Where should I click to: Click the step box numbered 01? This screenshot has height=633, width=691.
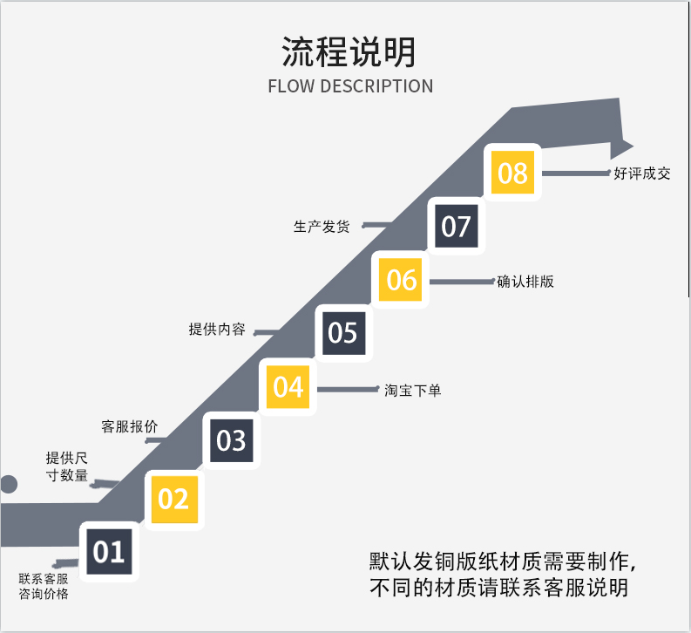click(x=109, y=552)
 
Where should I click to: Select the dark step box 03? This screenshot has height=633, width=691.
click(x=231, y=440)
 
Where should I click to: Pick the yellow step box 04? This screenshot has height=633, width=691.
click(x=288, y=386)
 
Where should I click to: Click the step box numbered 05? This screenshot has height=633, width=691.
click(x=343, y=332)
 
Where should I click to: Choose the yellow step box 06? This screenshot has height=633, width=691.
click(x=402, y=279)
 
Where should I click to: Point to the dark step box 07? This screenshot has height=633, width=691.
click(x=456, y=226)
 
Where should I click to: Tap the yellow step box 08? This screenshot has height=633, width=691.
click(x=512, y=173)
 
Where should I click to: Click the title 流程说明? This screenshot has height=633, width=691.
click(x=349, y=52)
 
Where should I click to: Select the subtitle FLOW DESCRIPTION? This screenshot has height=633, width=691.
click(x=350, y=86)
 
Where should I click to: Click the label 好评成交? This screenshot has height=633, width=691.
click(x=642, y=174)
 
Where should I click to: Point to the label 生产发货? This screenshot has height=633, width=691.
click(x=322, y=227)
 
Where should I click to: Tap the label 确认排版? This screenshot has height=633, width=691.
click(x=525, y=282)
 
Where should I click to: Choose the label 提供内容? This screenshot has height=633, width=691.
click(x=217, y=330)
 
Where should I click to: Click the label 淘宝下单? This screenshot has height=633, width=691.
click(x=413, y=391)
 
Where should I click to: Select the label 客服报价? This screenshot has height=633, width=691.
click(x=130, y=427)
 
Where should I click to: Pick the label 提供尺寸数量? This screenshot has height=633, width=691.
click(x=67, y=466)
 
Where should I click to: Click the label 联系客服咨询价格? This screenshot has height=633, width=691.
click(x=44, y=586)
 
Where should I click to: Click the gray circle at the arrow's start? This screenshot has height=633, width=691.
click(x=7, y=485)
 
